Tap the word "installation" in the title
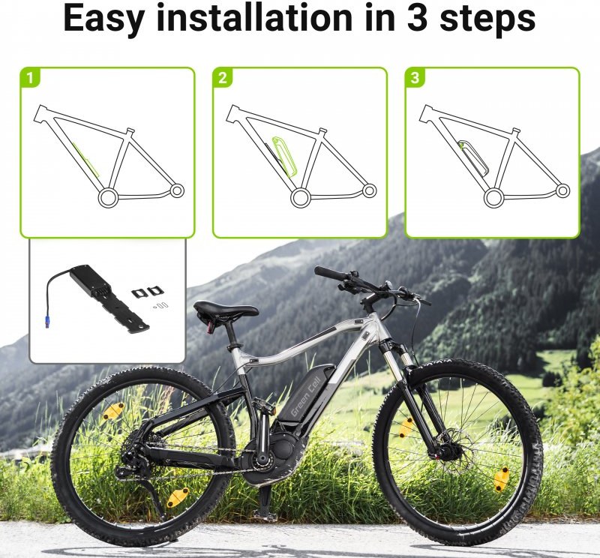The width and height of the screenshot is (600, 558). click(x=254, y=17)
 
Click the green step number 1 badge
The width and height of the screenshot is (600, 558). click(x=29, y=78)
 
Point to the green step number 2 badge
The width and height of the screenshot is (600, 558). click(x=222, y=78)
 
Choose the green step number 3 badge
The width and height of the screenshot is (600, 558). click(x=415, y=78)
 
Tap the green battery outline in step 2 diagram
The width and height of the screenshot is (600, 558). click(x=284, y=156)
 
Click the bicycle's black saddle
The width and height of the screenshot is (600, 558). click(x=226, y=308)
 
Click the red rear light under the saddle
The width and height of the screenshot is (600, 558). click(x=210, y=327)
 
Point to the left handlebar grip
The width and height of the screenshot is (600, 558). click(x=328, y=273)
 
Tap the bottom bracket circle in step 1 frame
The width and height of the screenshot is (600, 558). click(x=106, y=198)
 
